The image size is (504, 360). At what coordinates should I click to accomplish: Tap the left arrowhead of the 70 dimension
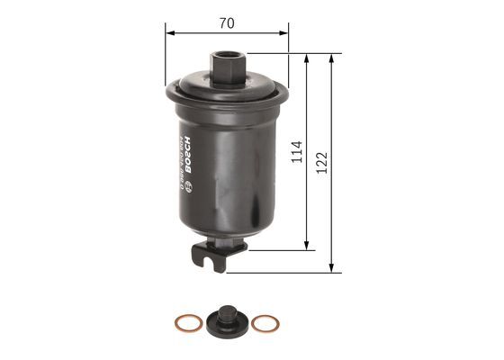(x=169, y=29)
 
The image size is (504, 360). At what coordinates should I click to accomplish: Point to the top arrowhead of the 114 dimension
(x=309, y=58)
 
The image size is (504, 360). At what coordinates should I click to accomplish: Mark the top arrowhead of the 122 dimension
(x=334, y=58)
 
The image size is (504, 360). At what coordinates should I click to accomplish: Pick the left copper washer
(x=184, y=322)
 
